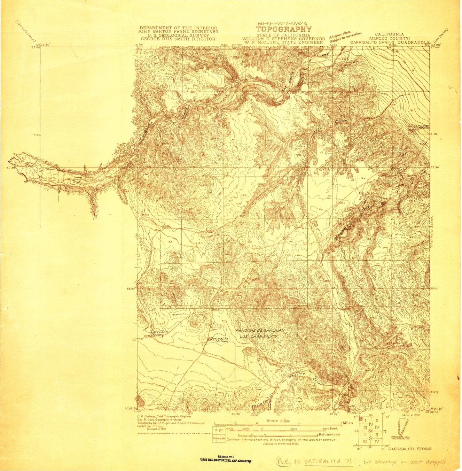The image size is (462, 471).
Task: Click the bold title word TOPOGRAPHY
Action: coord(284,29)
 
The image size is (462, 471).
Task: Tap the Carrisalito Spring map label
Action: coord(160,333)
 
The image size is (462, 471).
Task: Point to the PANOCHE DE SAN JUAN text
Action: coord(260,330)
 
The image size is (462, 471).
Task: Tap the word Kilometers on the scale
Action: coord(328,434)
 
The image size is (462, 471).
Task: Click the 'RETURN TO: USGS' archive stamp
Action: coord(226,459)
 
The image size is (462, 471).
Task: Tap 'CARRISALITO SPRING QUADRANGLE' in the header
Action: coord(389,42)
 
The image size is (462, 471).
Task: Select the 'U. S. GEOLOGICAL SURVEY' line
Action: coord(178,35)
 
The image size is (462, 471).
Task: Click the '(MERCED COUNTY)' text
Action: coord(389,38)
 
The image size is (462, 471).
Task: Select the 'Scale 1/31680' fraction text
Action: coord(278,421)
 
